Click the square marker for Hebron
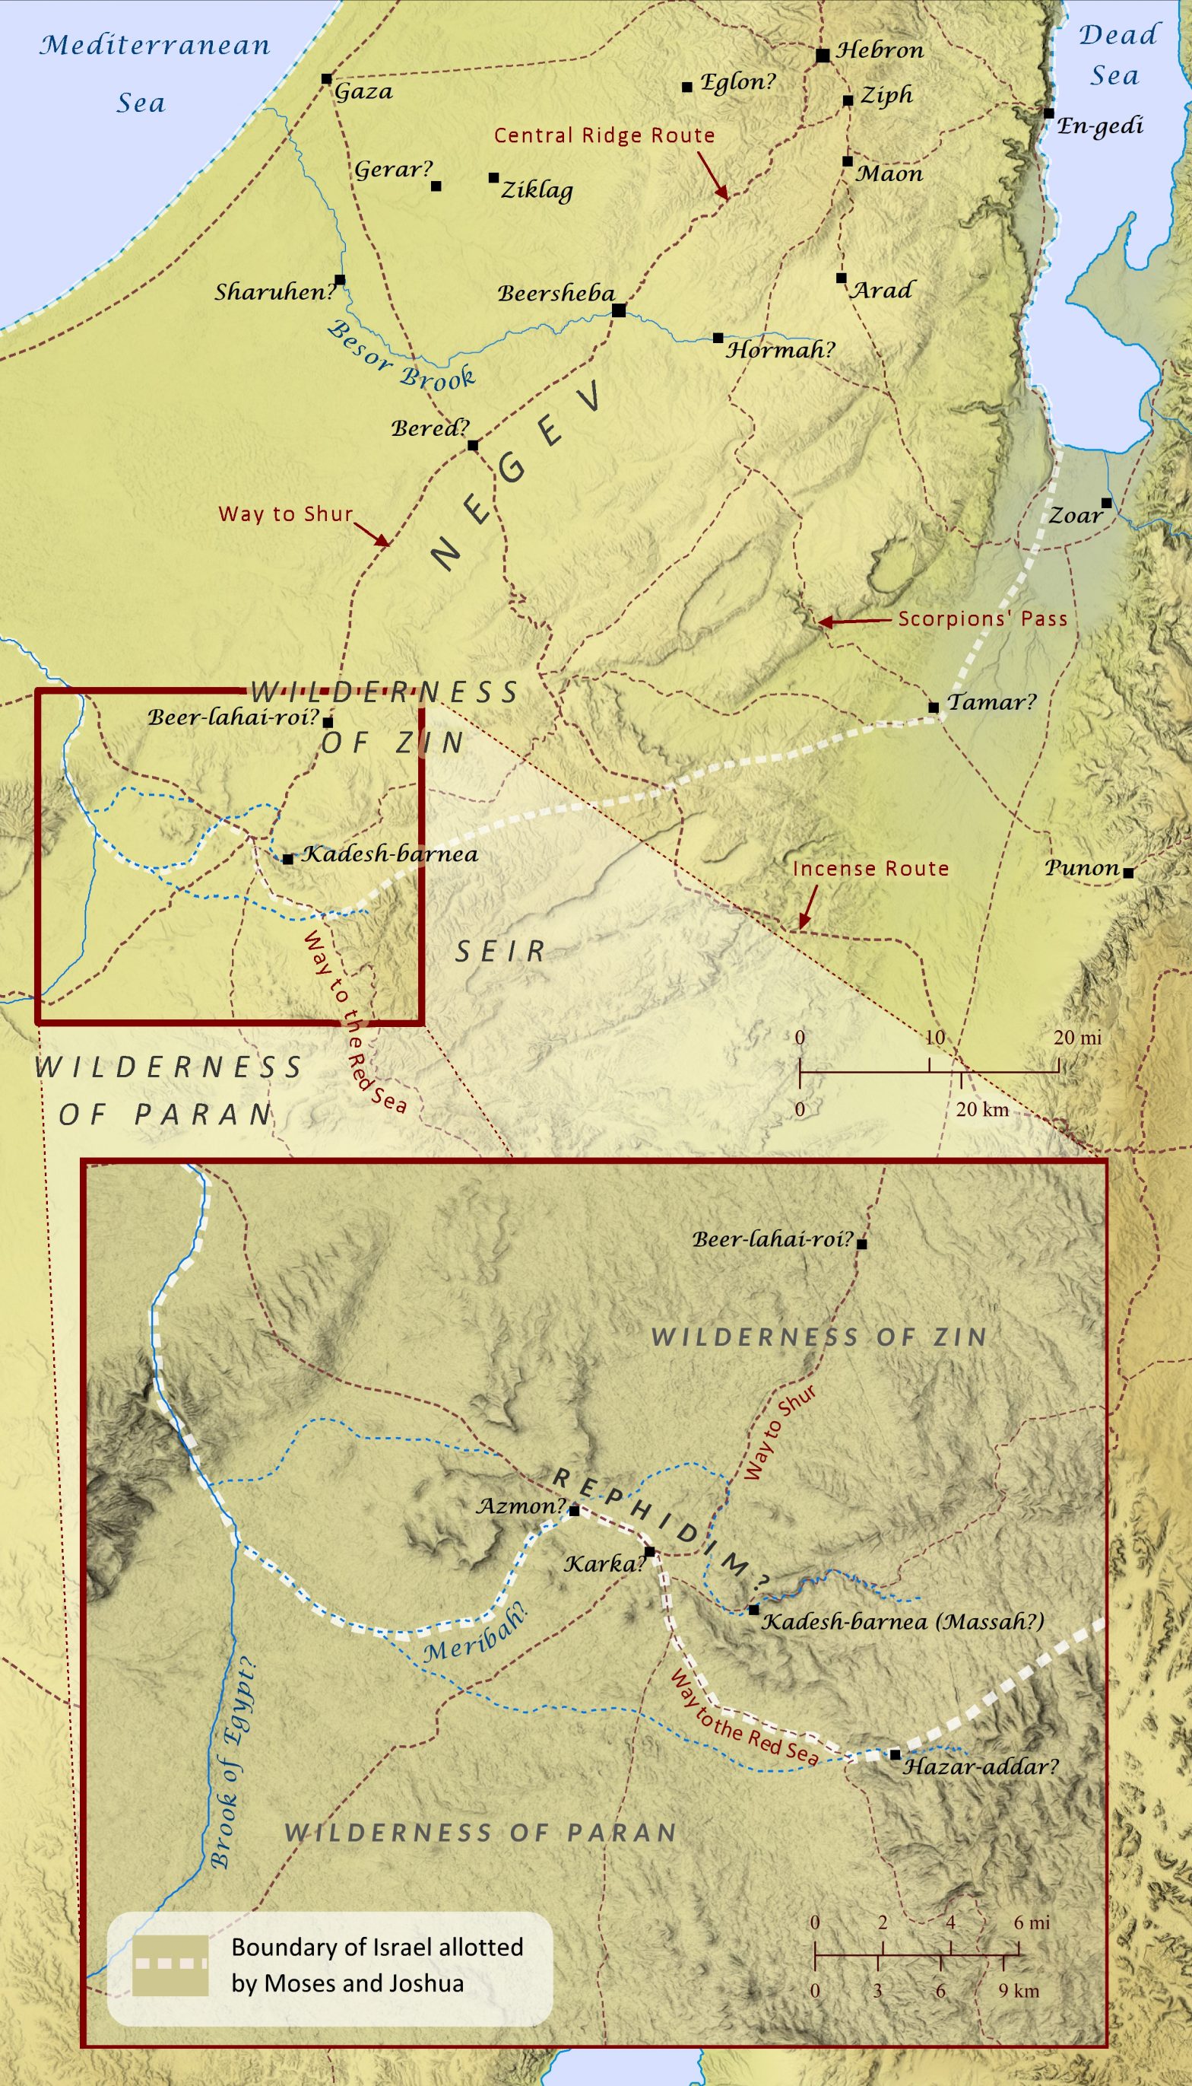823,55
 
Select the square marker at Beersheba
619,310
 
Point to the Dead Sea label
1117,55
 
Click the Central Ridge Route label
604,135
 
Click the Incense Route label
870,868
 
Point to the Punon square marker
1128,873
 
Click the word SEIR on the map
500,951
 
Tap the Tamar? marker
934,707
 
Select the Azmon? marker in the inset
574,1510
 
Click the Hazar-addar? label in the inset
980,1766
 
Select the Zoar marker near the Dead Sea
1106,502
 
